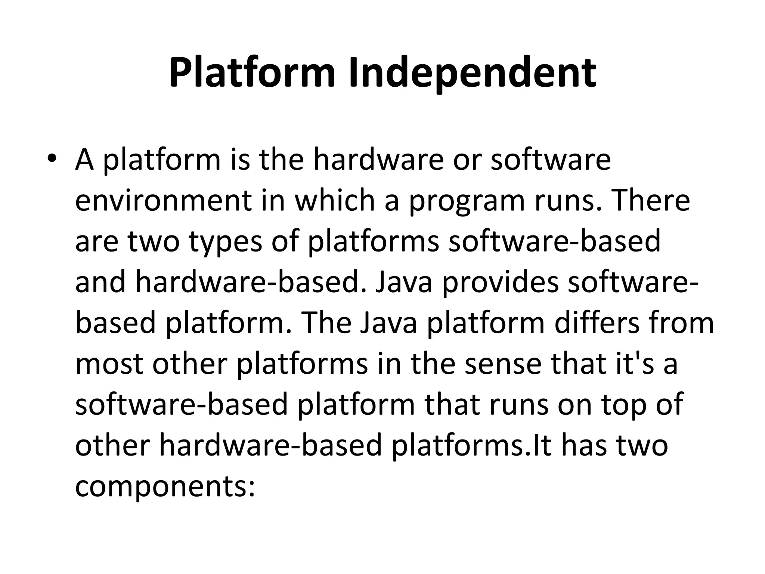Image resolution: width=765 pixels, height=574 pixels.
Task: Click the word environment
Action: [x=163, y=201]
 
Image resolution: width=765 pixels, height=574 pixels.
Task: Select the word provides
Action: [x=500, y=283]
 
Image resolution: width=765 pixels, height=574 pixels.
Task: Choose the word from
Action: [x=682, y=323]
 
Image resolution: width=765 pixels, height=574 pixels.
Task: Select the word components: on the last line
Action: [x=165, y=487]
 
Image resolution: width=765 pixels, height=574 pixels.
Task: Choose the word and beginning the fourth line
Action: [x=100, y=283]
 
